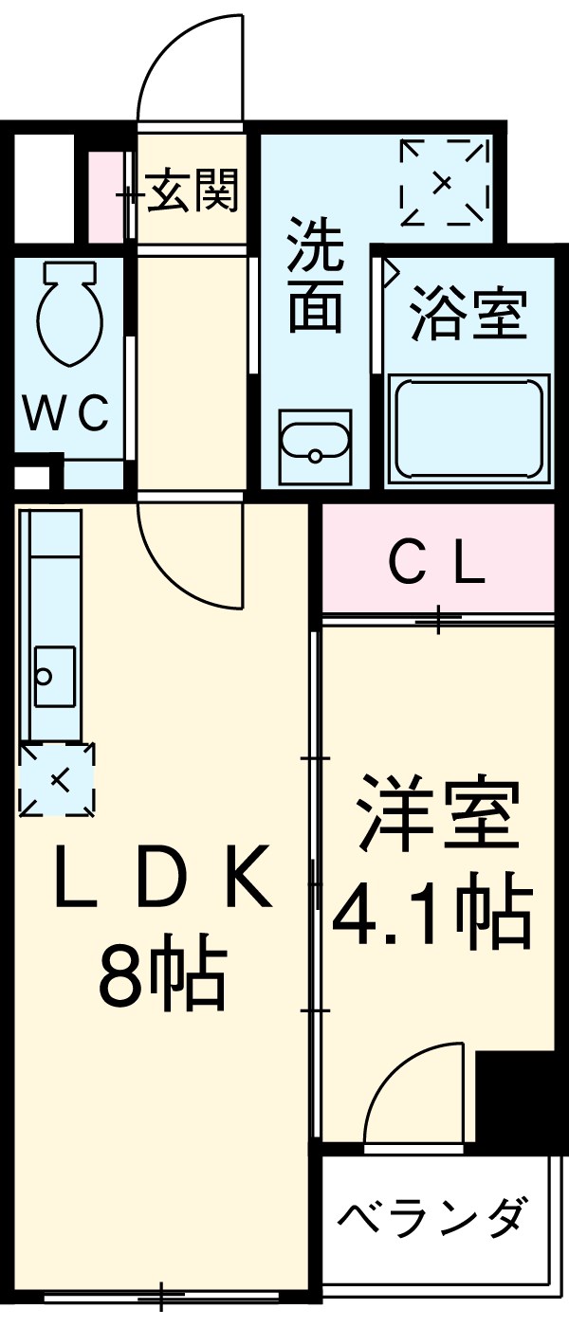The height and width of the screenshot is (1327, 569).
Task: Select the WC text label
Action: [x=66, y=413]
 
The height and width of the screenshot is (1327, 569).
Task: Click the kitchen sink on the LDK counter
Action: [x=54, y=674]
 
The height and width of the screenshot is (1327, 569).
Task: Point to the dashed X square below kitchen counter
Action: [x=58, y=779]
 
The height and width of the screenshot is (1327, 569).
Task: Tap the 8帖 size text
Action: [x=161, y=974]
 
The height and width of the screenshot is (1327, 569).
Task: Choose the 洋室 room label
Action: [x=437, y=815]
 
